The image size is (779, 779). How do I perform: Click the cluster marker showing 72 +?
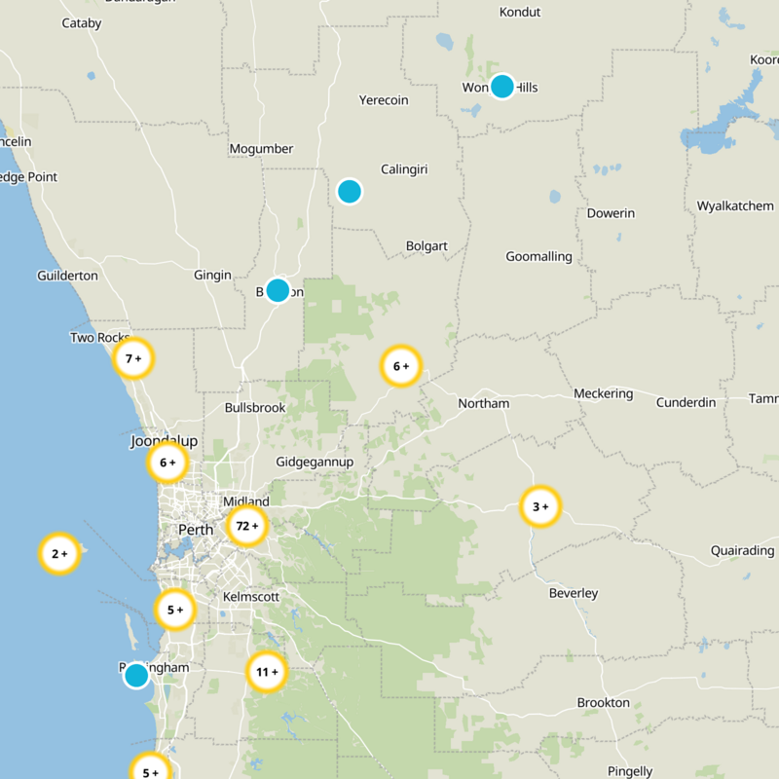tap(246, 526)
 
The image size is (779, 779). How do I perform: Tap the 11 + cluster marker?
tap(266, 672)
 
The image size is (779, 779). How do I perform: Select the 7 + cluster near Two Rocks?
tap(133, 358)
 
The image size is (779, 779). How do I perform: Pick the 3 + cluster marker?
tap(539, 506)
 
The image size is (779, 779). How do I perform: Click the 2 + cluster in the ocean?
tap(58, 554)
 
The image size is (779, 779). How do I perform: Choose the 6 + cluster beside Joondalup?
tap(167, 464)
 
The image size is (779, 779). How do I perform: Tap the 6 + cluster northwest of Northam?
tap(400, 367)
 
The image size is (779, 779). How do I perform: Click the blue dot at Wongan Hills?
tap(501, 86)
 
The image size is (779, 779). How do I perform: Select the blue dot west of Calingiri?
tap(350, 191)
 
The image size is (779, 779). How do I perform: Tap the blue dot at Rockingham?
tap(136, 675)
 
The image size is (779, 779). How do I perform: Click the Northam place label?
tap(483, 403)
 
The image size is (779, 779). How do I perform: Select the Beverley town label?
tap(574, 593)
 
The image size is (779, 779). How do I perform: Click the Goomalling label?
tap(538, 257)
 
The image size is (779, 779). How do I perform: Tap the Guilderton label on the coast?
tap(67, 276)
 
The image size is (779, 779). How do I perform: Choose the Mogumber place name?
tap(260, 149)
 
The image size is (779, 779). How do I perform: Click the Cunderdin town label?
tap(686, 402)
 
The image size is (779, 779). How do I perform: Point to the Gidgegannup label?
tap(314, 461)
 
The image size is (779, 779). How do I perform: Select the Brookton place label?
tap(604, 702)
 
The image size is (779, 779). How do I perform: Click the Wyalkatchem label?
tap(735, 205)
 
